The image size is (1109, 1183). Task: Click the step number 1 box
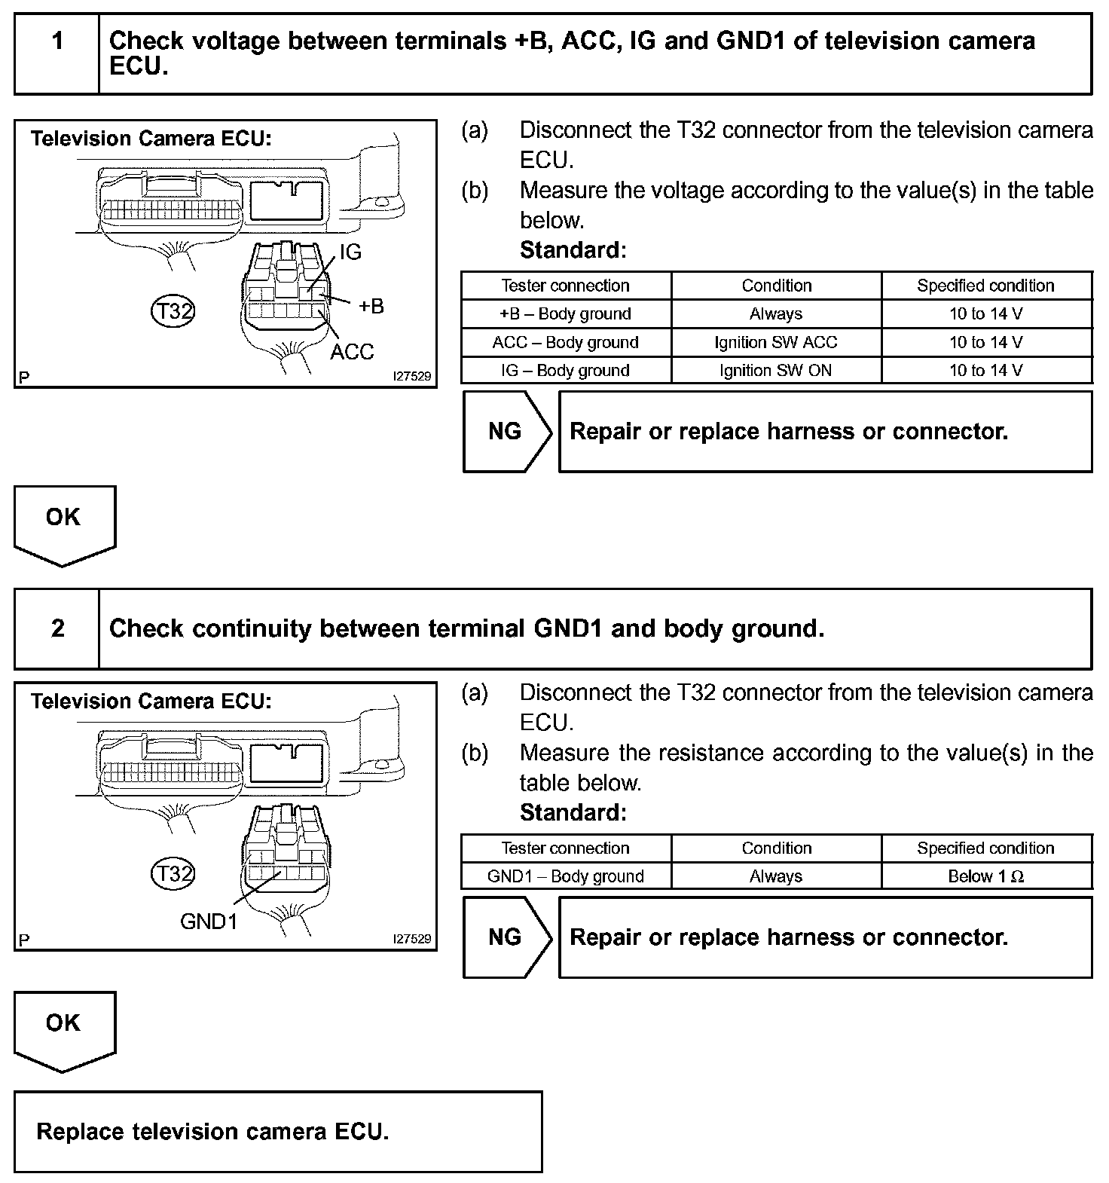coord(57,54)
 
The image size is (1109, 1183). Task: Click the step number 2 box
coord(57,628)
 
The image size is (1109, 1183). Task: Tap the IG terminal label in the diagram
coord(350,252)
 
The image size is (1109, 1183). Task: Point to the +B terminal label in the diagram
coord(371,306)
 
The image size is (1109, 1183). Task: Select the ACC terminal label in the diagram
coord(352,351)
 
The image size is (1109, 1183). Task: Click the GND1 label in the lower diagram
coord(209,921)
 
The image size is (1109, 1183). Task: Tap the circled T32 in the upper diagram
coord(173,310)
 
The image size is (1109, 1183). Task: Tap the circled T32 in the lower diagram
coord(173,873)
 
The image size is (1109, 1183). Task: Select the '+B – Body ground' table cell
coord(566,314)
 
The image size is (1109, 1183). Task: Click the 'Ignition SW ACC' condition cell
coord(776,342)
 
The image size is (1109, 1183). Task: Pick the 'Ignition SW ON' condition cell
coord(776,371)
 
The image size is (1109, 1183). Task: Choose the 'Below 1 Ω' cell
coord(985,876)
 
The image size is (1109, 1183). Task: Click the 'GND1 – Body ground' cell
coord(566,876)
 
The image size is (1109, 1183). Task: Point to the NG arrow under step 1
coord(506,432)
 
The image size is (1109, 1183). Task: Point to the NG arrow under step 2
coord(506,937)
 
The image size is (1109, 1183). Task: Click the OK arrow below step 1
coord(64,524)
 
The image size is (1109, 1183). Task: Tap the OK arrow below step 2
coord(64,1029)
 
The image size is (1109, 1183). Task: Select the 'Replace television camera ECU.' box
coord(278,1132)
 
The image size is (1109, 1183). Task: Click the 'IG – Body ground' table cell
coord(566,371)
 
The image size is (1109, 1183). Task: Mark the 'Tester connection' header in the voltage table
coord(566,286)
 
